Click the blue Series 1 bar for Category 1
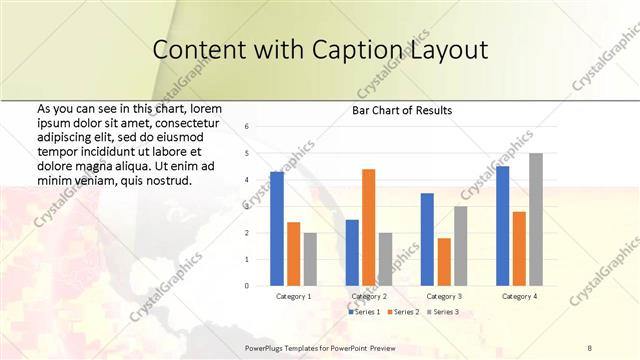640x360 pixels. coord(277,229)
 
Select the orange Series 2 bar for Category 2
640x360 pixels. coord(368,228)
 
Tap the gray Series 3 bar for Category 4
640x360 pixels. coord(536,220)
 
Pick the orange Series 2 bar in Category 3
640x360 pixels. coord(444,262)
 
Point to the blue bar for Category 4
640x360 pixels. coord(502,226)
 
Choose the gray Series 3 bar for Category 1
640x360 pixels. coord(310,259)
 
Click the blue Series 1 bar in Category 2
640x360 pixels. coord(352,253)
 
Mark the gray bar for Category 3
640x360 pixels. coord(461,246)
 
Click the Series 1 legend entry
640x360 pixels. coord(363,312)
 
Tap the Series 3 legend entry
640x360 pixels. coord(441,312)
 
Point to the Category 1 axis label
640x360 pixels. coord(293,296)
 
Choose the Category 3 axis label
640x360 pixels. coord(443,296)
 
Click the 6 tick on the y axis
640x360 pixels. coord(247,127)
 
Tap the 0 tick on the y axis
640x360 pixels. coord(247,286)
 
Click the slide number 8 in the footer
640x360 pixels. coord(590,346)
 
